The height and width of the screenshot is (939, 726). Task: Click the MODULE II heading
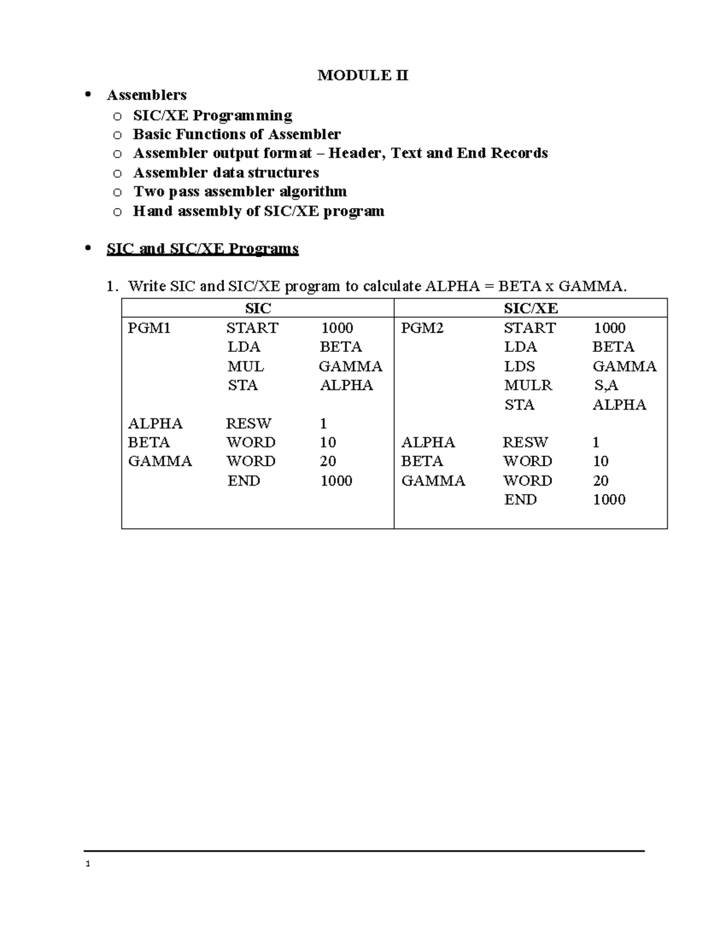[x=363, y=76]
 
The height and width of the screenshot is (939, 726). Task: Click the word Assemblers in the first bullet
[x=146, y=95]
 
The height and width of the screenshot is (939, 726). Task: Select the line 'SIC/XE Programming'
[x=212, y=115]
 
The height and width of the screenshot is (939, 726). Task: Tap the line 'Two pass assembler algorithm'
[x=240, y=192]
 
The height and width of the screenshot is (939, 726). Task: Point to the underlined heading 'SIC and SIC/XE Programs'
[x=202, y=249]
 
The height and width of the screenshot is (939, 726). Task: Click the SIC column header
[x=258, y=308]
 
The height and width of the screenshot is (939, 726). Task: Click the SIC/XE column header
[x=531, y=308]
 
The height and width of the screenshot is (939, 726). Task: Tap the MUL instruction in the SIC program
[x=245, y=366]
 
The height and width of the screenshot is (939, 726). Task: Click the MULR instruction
[x=528, y=385]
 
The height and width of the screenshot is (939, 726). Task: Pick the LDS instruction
[x=520, y=366]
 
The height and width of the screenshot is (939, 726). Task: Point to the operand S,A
[x=606, y=385]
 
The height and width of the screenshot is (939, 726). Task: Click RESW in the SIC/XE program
[x=525, y=442]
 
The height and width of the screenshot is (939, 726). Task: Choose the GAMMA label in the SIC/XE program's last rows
[x=433, y=481]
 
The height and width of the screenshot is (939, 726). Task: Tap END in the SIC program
[x=243, y=481]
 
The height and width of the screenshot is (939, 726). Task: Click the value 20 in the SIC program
[x=327, y=461]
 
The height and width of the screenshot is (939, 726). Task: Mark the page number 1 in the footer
[x=88, y=864]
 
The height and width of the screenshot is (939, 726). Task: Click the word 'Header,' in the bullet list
[x=357, y=153]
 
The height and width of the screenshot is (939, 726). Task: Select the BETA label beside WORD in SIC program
[x=149, y=442]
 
